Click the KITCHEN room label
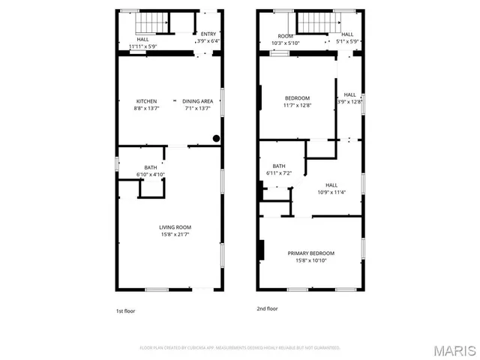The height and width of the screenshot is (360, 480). pyautogui.click(x=146, y=101)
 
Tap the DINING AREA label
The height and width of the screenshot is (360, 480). pyautogui.click(x=198, y=101)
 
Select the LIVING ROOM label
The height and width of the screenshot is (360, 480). pyautogui.click(x=175, y=227)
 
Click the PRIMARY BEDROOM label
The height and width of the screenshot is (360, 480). pyautogui.click(x=311, y=253)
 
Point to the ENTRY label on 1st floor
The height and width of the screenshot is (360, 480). pyautogui.click(x=208, y=34)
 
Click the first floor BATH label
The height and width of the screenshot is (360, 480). pyautogui.click(x=151, y=167)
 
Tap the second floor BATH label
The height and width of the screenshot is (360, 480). pyautogui.click(x=279, y=166)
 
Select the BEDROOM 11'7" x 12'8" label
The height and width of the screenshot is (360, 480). pyautogui.click(x=298, y=98)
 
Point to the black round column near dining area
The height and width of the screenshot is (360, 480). pyautogui.click(x=216, y=138)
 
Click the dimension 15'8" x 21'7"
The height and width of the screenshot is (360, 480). pyautogui.click(x=175, y=235)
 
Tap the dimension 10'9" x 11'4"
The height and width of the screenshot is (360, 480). pyautogui.click(x=331, y=191)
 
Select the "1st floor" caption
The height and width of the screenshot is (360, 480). pyautogui.click(x=125, y=310)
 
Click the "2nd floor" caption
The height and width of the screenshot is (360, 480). pyautogui.click(x=267, y=308)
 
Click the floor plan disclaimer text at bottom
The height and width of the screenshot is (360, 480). pyautogui.click(x=240, y=348)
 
